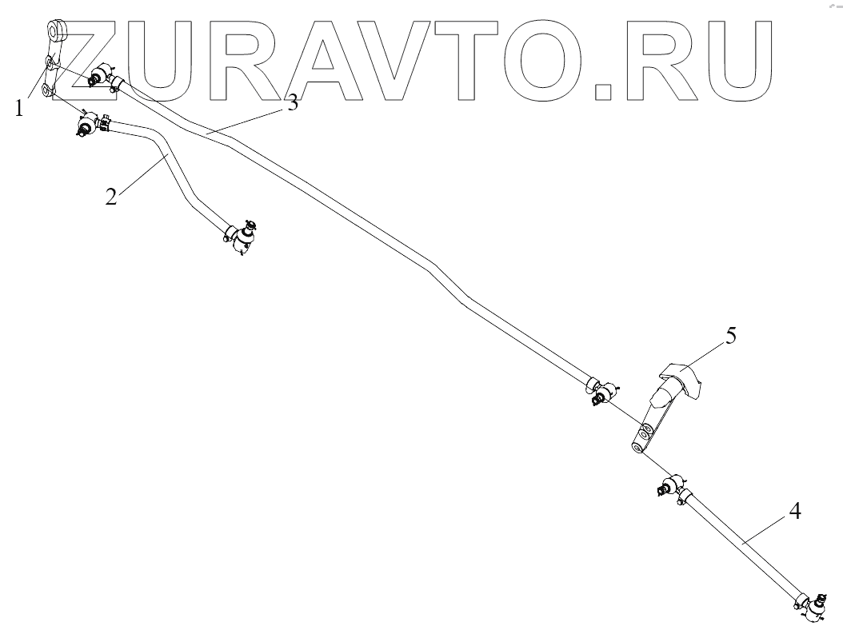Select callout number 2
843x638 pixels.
[111, 194]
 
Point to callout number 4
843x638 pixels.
[795, 509]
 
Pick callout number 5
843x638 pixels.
[729, 335]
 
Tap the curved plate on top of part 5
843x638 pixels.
[681, 377]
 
